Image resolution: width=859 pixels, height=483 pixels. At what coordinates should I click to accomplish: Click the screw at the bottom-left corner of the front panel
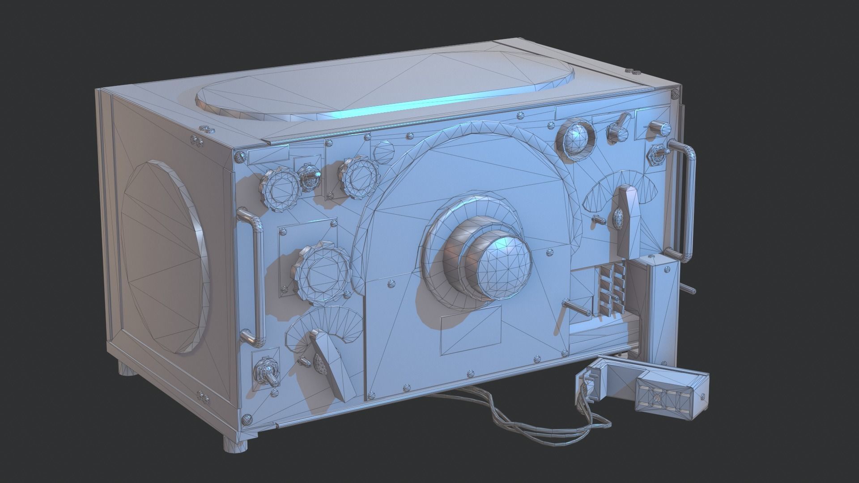tap(247, 419)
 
